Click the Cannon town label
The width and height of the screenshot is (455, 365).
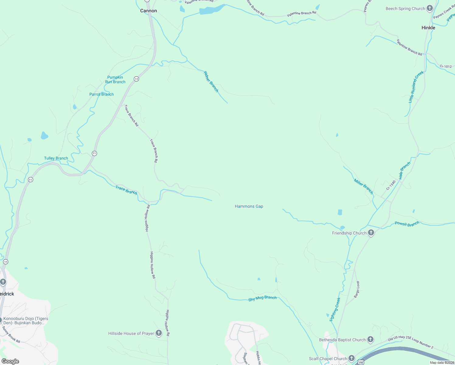(148, 11)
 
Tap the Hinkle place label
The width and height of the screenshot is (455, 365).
(428, 28)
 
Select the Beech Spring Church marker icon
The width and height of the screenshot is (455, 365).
(429, 9)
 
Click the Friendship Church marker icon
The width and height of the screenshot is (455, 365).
(371, 233)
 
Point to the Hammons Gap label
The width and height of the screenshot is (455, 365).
(249, 206)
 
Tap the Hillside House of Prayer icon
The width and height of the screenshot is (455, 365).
(158, 333)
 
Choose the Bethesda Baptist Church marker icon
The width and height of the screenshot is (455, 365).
(370, 340)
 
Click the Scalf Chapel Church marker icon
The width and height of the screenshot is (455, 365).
(351, 359)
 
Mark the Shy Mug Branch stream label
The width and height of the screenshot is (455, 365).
(262, 298)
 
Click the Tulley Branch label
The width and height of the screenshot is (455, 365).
(56, 158)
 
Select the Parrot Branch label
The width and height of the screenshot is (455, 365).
(102, 94)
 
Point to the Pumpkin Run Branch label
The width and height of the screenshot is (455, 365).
(115, 80)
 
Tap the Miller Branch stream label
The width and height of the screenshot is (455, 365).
(363, 186)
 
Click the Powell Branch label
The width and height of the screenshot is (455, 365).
(407, 224)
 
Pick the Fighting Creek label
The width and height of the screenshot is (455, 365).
(335, 310)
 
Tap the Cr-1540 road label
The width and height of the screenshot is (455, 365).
(391, 185)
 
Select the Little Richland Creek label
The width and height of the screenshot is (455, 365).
(416, 87)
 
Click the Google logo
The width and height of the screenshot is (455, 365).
(10, 361)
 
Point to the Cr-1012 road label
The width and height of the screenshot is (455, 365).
(446, 66)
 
